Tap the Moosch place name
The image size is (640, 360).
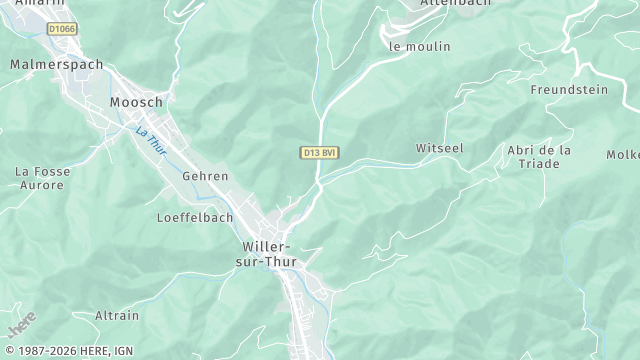pyautogui.click(x=136, y=102)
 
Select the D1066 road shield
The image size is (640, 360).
pyautogui.click(x=61, y=30)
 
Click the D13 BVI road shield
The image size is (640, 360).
pyautogui.click(x=320, y=152)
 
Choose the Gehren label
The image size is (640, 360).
pyautogui.click(x=205, y=176)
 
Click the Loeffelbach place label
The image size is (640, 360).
pyautogui.click(x=195, y=217)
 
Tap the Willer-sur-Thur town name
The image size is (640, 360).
pyautogui.click(x=266, y=253)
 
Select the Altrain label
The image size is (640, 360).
pyautogui.click(x=117, y=315)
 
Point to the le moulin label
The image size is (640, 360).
pyautogui.click(x=419, y=46)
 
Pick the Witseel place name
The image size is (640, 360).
pyautogui.click(x=440, y=148)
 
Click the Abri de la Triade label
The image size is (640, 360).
pyautogui.click(x=539, y=156)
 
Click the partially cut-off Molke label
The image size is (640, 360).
pyautogui.click(x=622, y=154)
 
